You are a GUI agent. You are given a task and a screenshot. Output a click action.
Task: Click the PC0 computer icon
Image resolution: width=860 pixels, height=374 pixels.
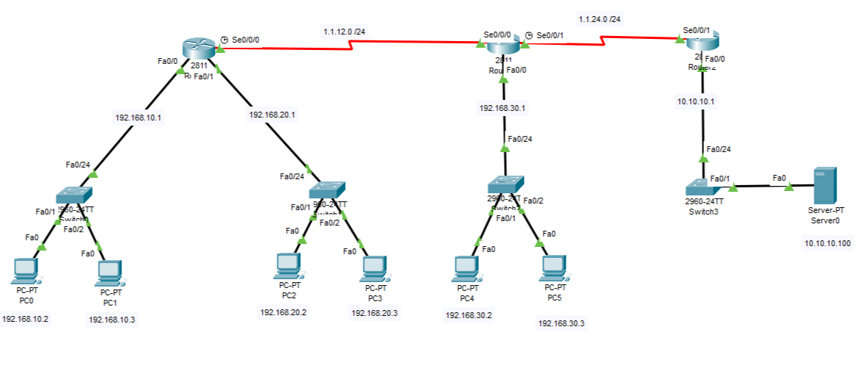26,270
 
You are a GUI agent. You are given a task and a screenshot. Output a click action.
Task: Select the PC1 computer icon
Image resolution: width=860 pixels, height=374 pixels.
110,273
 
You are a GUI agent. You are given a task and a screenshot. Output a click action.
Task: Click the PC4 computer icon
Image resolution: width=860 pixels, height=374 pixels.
466,268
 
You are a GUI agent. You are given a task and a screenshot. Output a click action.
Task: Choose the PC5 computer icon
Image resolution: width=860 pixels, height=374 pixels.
553,268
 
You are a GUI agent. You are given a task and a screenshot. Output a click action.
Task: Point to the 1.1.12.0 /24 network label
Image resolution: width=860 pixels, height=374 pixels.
344,32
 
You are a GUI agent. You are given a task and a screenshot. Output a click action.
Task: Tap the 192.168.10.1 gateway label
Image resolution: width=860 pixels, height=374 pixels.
138,117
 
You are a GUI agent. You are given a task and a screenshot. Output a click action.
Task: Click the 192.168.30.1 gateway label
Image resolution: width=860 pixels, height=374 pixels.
502,108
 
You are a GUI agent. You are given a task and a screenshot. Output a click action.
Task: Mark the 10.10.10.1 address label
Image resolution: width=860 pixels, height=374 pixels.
696,101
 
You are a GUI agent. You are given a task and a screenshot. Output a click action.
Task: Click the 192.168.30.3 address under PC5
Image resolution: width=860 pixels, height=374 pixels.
561,323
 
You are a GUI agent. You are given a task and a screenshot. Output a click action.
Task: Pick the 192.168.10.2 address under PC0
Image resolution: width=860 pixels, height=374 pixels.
26,319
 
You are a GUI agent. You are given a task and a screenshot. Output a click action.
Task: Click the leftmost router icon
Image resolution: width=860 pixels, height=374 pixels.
199,49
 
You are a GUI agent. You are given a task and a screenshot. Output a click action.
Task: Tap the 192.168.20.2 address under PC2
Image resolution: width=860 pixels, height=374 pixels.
283,312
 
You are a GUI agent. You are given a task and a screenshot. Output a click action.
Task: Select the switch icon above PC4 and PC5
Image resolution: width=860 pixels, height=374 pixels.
505,184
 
